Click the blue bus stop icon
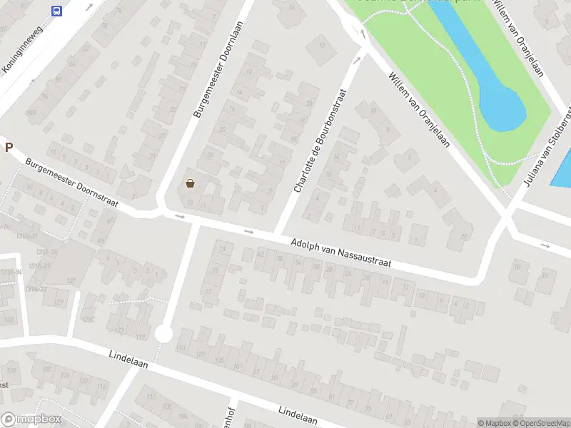click(56, 10)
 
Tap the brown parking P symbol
click(9, 148)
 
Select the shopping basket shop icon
click(191, 183)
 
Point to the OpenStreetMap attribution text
click(532, 423)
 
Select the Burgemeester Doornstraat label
click(71, 183)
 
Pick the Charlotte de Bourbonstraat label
click(320, 141)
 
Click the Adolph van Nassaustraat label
click(341, 253)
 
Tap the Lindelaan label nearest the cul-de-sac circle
click(128, 359)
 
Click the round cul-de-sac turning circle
click(164, 333)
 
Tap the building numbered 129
click(61, 302)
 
